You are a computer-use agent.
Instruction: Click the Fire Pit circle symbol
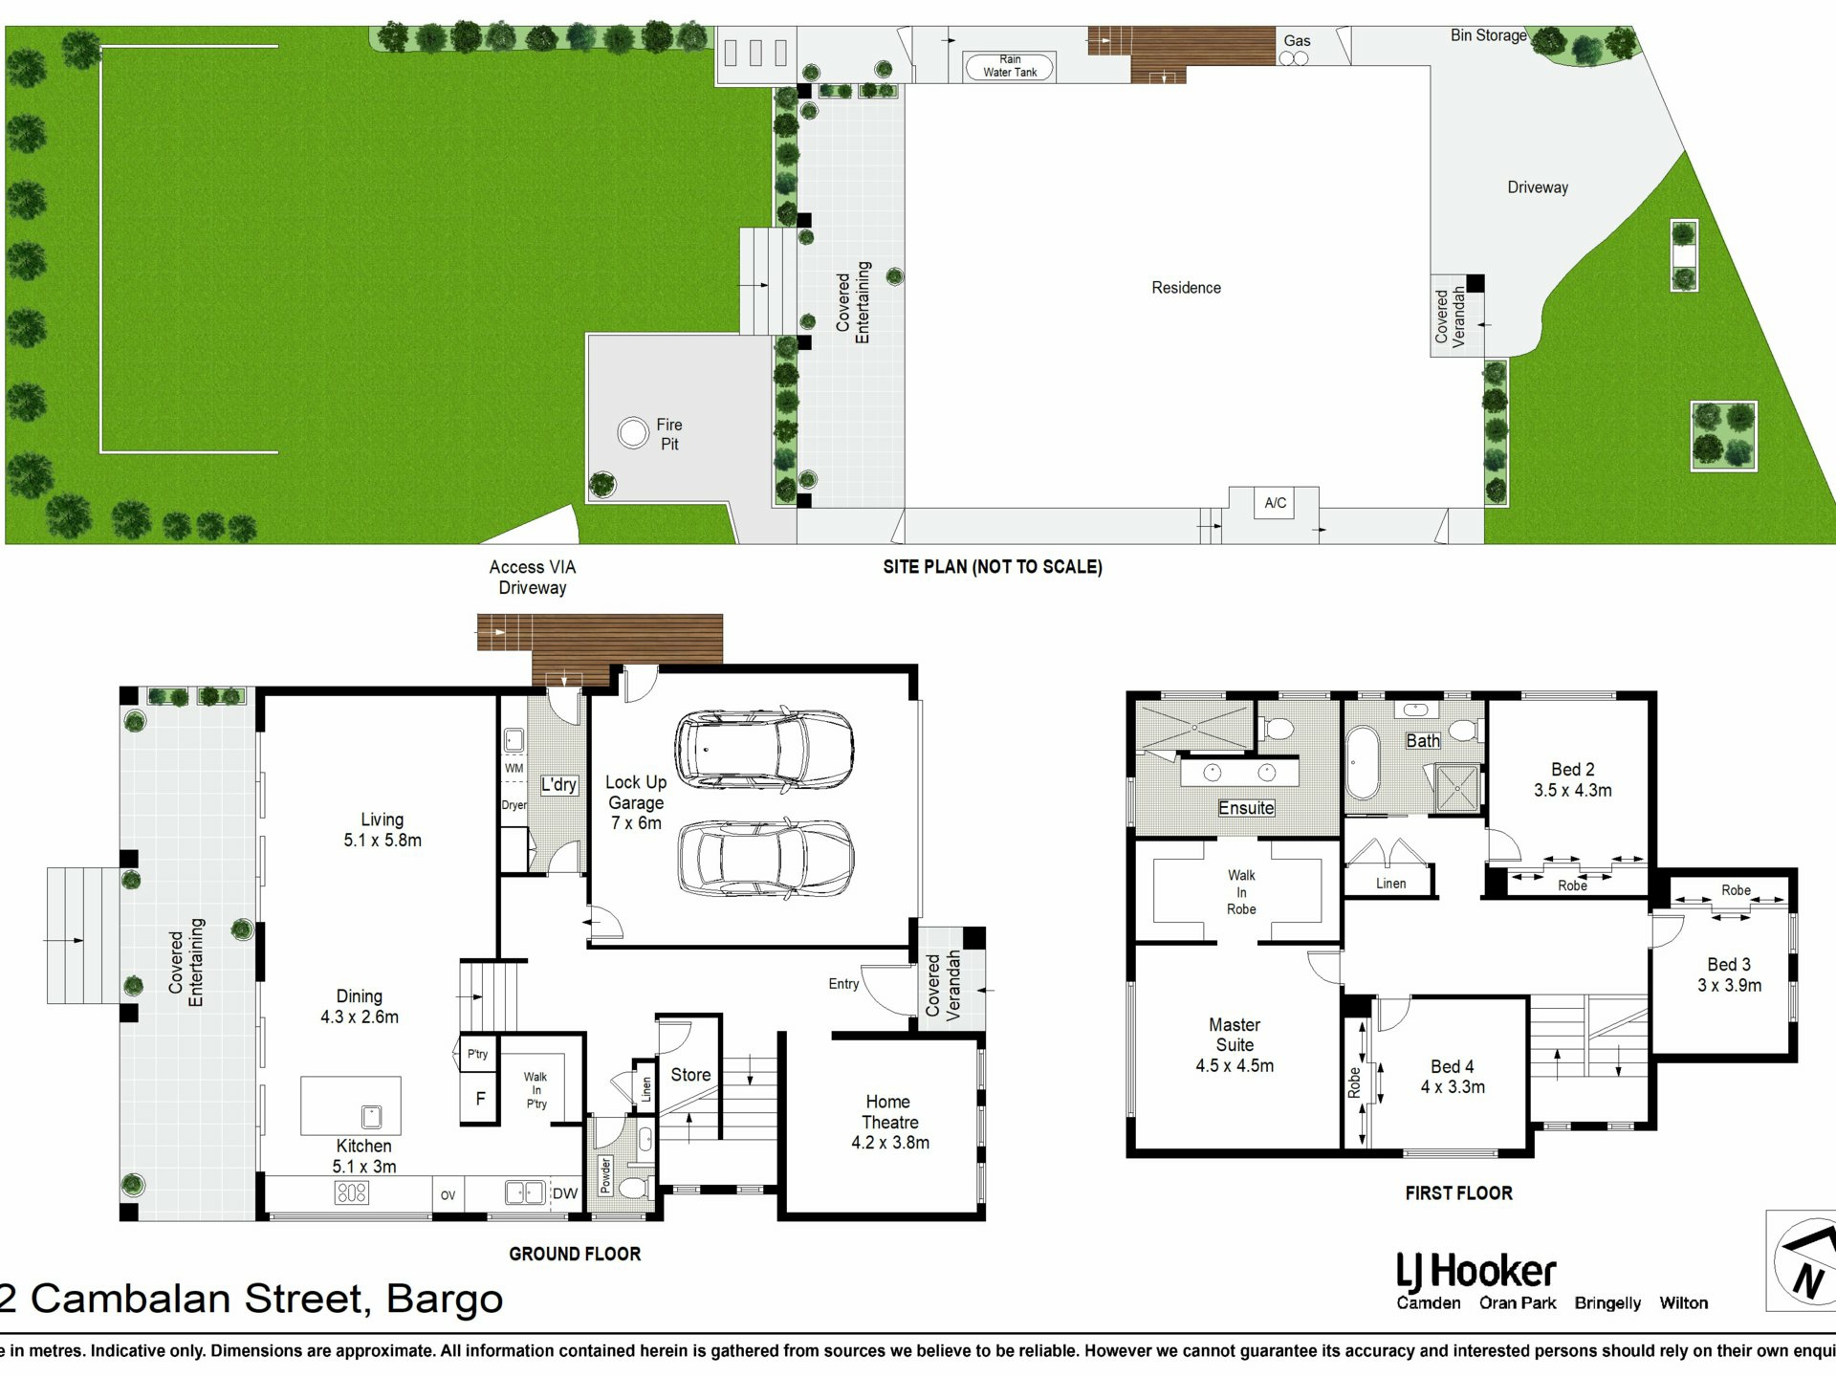632,433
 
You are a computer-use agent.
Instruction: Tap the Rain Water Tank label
1010,66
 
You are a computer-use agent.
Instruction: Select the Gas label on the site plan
1297,40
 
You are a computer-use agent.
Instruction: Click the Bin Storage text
1488,35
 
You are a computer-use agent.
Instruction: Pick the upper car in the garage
764,749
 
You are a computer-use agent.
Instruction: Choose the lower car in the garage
766,857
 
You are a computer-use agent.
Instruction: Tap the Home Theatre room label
889,1112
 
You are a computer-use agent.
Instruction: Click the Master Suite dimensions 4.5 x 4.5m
1235,1065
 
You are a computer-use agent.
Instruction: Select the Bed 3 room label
1729,965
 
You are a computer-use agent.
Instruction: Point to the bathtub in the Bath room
1362,762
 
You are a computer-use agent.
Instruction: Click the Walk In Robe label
1241,892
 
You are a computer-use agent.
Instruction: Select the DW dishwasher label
564,1193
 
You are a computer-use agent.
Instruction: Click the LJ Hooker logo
1475,1273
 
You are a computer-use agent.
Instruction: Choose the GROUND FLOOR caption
575,1254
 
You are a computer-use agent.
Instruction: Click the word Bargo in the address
444,1300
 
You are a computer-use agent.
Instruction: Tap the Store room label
690,1075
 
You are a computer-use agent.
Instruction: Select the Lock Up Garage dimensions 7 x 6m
636,823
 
